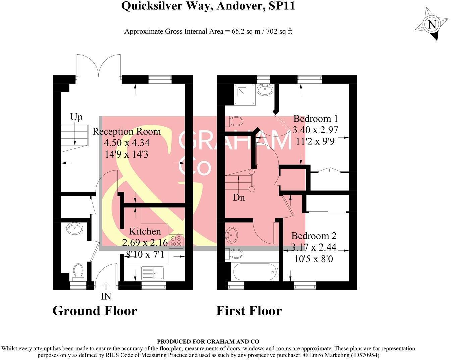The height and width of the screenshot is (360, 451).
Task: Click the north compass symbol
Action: coord(432,25)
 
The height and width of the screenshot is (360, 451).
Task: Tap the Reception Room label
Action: coord(127,131)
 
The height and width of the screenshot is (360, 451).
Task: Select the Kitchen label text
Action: coord(145,231)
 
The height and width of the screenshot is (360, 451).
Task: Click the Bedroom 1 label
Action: coord(315,119)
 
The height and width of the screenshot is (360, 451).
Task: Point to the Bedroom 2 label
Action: coord(314,236)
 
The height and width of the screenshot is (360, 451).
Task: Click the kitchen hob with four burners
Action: coord(176,241)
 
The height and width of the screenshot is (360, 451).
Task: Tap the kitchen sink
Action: coord(152,273)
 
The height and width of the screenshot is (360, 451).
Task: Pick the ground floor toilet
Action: coord(78,271)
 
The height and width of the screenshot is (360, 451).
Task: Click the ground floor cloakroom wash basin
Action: coord(75,229)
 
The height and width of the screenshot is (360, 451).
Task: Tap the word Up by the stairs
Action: coord(76,117)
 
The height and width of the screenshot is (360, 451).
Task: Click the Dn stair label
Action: coord(239,197)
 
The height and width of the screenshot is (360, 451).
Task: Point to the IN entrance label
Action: coord(106,296)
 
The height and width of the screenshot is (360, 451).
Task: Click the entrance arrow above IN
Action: coord(106,286)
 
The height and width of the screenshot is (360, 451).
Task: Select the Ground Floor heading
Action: coord(95,311)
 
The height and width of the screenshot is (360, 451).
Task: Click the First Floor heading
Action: coord(249,311)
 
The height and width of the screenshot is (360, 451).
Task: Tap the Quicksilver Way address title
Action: coord(208,6)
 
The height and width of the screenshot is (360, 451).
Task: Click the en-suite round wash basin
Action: coord(265,90)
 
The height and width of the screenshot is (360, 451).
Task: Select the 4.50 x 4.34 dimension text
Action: coord(127,143)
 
